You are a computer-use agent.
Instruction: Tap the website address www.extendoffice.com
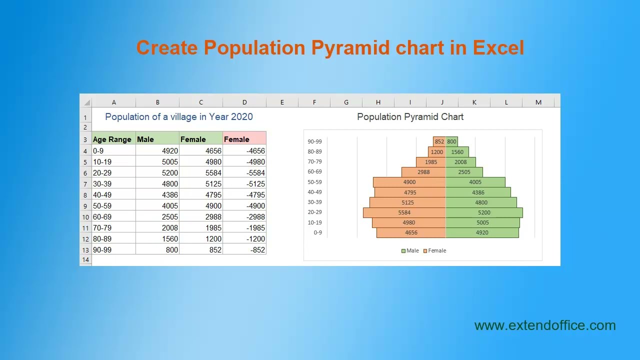545,325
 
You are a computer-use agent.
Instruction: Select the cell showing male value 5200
157,173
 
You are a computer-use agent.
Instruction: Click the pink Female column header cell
244,139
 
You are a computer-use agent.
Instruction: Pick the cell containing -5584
244,173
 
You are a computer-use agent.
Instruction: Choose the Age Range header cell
113,139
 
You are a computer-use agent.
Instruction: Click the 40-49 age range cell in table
113,195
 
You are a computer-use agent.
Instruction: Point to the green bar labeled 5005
482,222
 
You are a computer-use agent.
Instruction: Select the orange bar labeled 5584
404,212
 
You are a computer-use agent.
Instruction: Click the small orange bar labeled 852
439,141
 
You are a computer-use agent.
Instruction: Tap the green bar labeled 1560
457,152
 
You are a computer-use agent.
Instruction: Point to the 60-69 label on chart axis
314,172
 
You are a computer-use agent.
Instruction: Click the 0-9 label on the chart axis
317,232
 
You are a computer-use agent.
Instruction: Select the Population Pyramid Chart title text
410,116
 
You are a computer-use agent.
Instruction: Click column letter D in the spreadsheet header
244,102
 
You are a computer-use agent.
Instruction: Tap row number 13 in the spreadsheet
85,250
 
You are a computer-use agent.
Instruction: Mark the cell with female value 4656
201,151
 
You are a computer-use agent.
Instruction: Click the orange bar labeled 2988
423,172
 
